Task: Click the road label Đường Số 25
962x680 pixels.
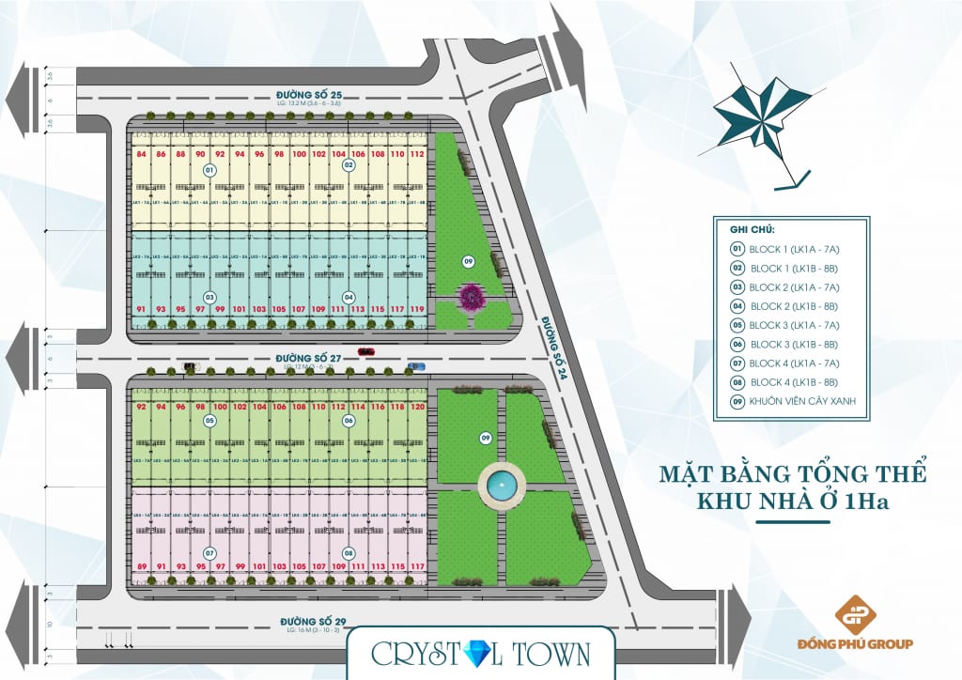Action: point(303,95)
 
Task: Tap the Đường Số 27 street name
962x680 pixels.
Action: point(303,359)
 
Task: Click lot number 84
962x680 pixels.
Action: point(141,154)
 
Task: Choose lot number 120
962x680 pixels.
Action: point(418,407)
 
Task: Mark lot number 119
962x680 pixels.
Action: point(417,309)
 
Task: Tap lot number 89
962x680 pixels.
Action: point(141,565)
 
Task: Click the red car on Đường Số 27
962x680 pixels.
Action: point(365,351)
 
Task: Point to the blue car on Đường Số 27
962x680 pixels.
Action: point(417,364)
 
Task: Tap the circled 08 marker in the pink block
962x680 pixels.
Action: point(349,553)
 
